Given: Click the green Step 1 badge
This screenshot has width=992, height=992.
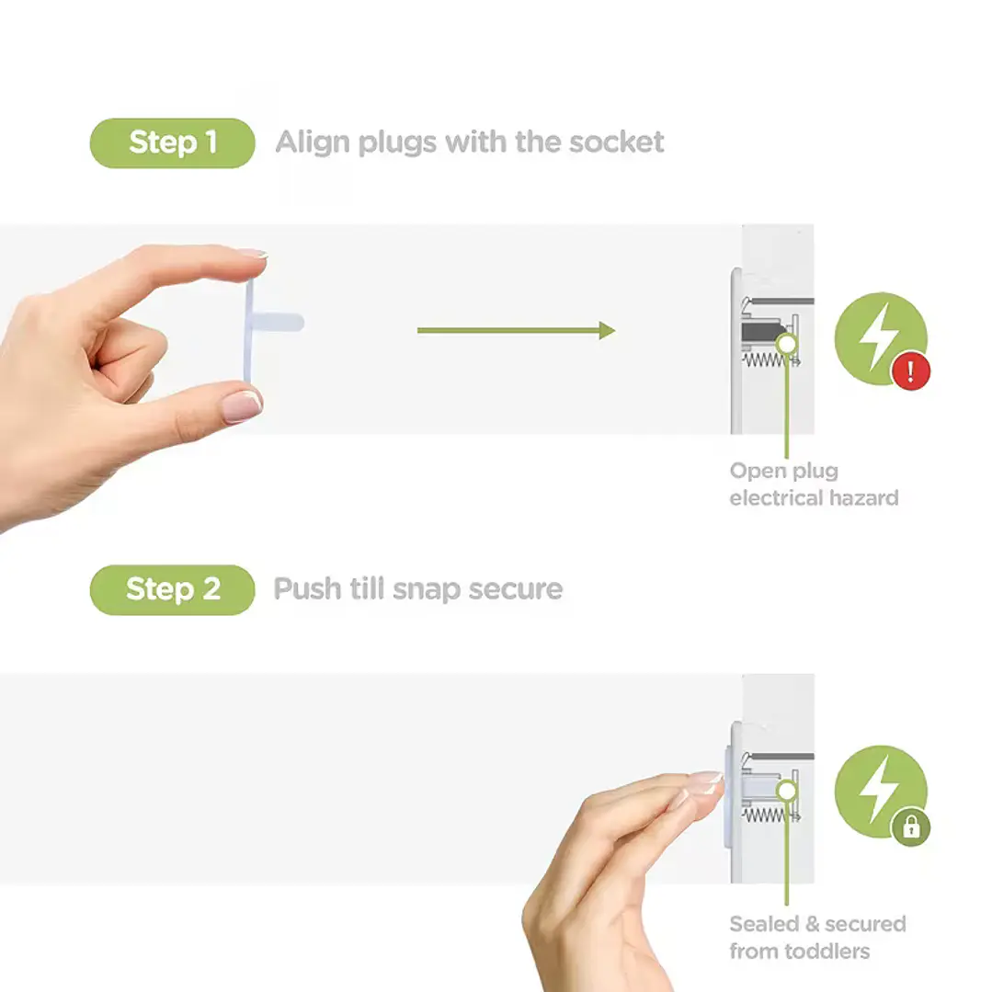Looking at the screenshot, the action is (172, 143).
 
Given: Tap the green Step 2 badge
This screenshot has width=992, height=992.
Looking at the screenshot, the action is (172, 589).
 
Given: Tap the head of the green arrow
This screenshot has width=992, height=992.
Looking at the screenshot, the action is (608, 330).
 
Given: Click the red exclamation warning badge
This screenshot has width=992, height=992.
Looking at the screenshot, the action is (911, 371).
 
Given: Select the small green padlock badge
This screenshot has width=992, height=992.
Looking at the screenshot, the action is (911, 827).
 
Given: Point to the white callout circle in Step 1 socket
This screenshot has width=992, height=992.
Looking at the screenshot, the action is (786, 345).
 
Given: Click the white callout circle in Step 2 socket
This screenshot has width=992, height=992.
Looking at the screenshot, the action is (786, 791).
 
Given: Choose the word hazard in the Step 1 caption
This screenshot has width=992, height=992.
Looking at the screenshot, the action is (863, 498).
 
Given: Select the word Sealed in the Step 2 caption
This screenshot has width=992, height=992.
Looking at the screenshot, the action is (764, 924).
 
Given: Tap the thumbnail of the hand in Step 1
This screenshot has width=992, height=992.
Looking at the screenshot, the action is (242, 406).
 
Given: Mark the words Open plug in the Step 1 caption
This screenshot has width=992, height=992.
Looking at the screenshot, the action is (784, 472).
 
